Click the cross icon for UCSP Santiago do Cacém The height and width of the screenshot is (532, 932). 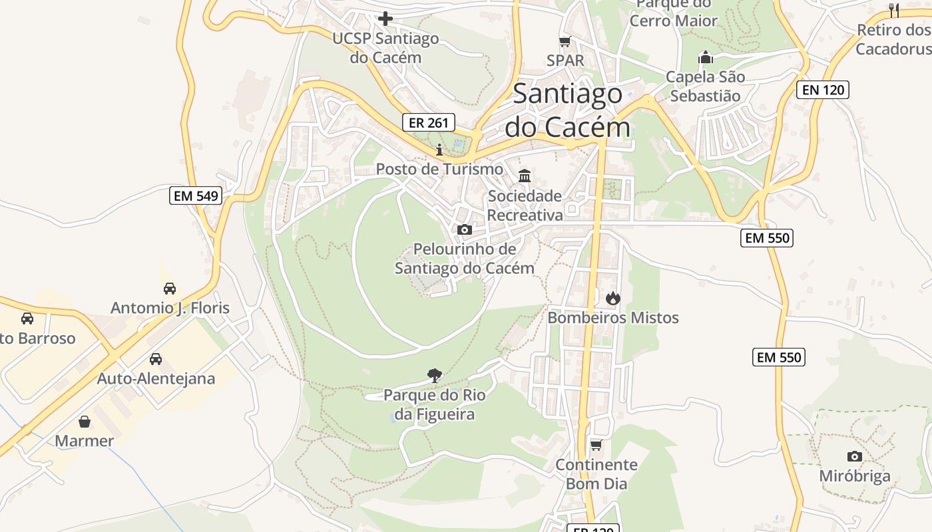385,19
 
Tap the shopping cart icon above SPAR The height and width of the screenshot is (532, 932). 565,42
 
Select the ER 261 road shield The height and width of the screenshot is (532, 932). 429,122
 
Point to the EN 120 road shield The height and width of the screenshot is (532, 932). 823,90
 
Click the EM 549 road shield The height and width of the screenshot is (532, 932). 195,196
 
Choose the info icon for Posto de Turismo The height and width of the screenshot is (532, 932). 439,150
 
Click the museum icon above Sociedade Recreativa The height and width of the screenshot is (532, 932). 525,176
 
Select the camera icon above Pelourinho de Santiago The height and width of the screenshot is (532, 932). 465,230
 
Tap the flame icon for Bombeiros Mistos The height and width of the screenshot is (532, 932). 613,298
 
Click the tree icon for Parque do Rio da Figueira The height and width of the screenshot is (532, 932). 435,376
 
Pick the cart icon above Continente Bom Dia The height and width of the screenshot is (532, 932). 596,445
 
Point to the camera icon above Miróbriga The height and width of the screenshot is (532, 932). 855,456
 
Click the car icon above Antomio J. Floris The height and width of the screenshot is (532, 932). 170,289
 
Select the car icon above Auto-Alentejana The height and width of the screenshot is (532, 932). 156,359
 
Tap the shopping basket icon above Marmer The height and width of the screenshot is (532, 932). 85,422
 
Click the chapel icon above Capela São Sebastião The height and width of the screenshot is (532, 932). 706,58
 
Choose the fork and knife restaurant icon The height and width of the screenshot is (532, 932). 894,10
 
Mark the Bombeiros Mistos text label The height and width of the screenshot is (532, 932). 613,318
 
